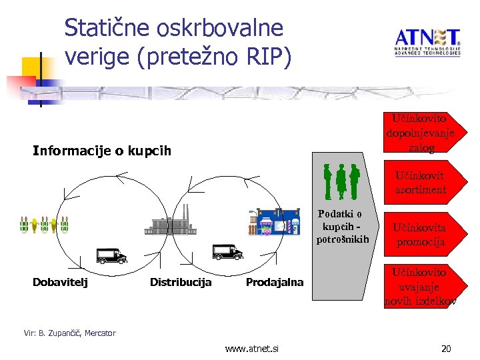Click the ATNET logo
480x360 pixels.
(427, 42)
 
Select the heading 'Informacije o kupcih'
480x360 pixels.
(102, 151)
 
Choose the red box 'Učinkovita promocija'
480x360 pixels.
(419, 235)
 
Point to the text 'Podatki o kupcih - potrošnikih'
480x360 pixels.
(340, 227)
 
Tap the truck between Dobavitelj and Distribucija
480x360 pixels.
(111, 255)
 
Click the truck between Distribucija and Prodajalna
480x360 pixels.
(227, 252)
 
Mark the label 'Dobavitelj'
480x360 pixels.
(60, 282)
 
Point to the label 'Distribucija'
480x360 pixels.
(181, 282)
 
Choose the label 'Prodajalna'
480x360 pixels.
(274, 282)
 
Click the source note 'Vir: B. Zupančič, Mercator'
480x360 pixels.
(69, 333)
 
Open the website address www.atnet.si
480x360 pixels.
(252, 349)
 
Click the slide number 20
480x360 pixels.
(446, 349)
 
